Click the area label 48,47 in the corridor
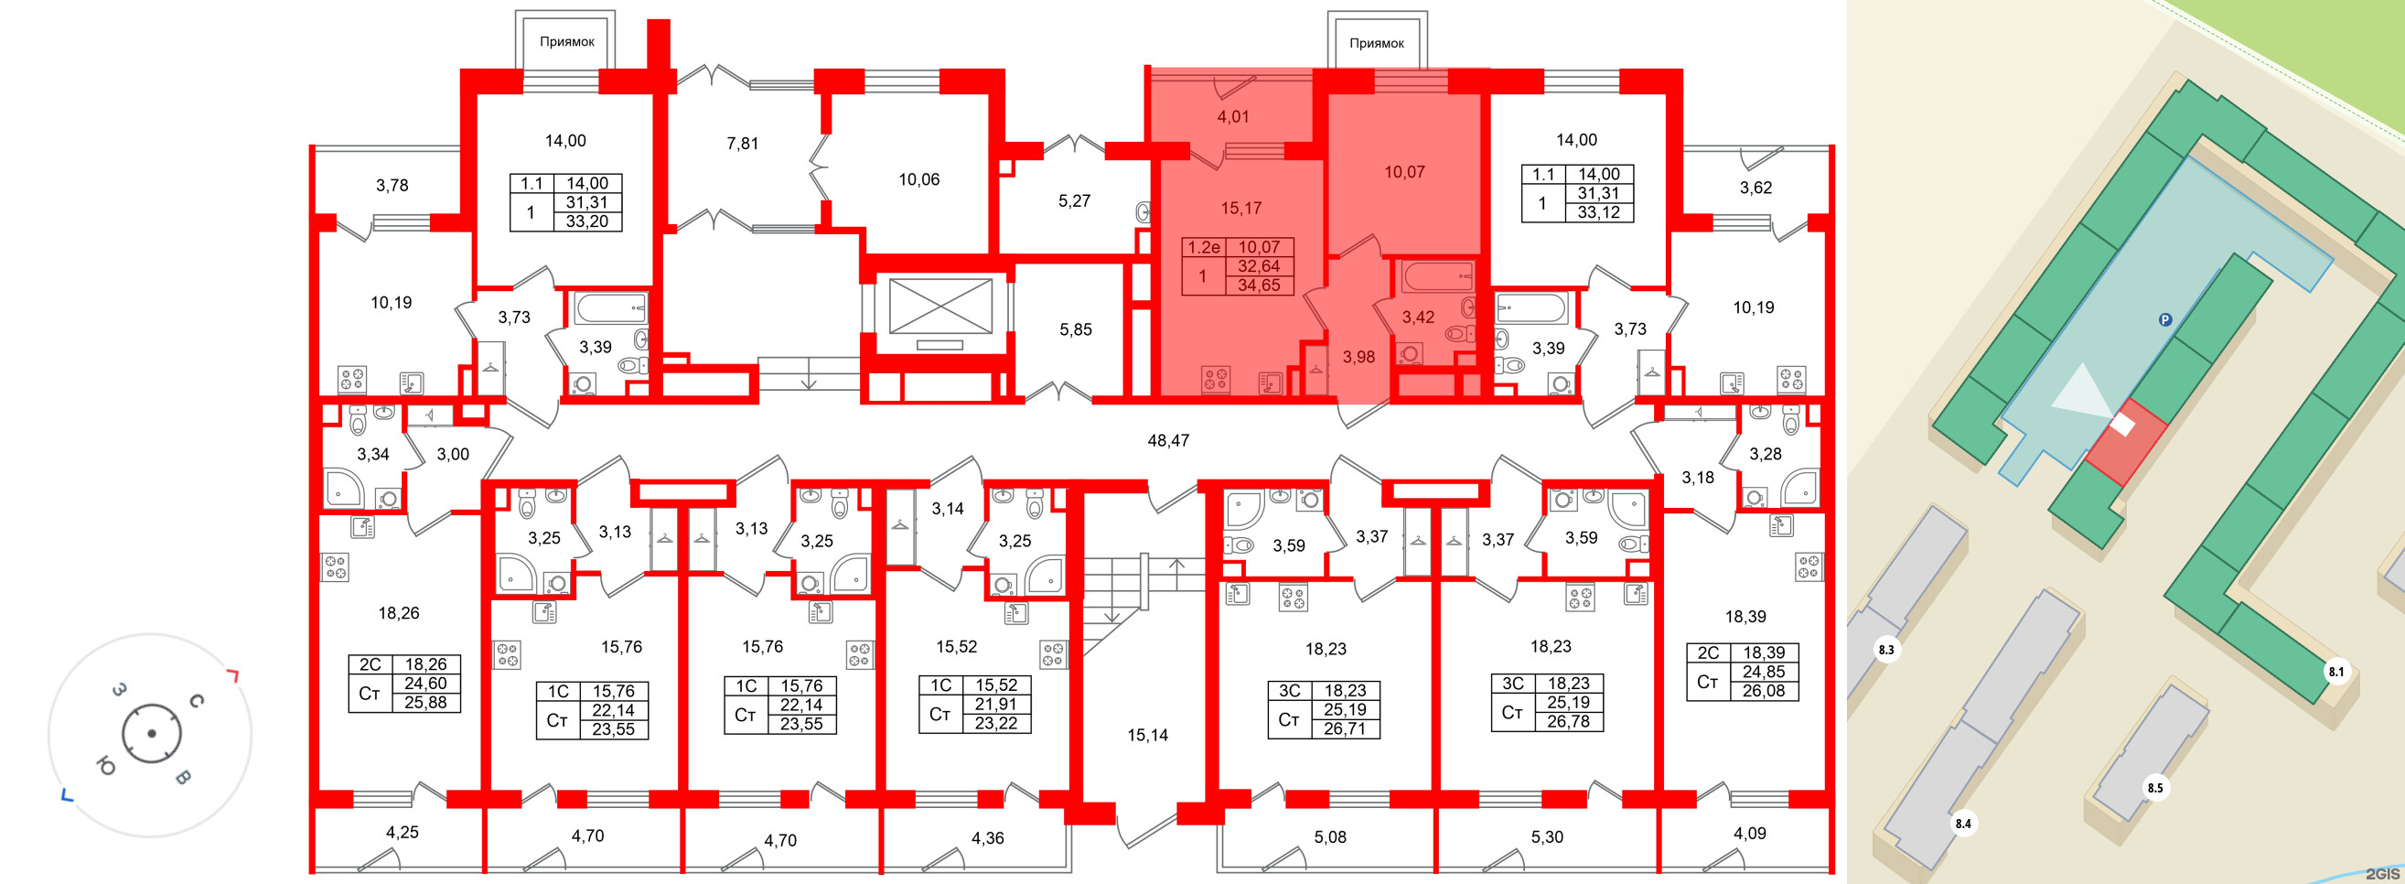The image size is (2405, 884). click(x=1168, y=439)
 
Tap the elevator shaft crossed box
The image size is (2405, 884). click(x=940, y=307)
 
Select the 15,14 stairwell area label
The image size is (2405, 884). click(x=1147, y=735)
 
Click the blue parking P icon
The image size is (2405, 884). click(x=2165, y=320)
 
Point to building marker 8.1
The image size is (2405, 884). click(x=2335, y=671)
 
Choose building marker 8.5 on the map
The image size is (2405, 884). click(x=2154, y=788)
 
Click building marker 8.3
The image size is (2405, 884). click(x=1886, y=650)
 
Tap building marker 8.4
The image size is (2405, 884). click(x=1963, y=824)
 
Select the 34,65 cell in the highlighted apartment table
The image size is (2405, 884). click(x=1259, y=286)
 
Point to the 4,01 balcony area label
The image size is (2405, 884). click(x=1232, y=117)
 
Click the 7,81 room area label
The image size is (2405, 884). click(x=742, y=144)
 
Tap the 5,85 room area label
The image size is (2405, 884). click(x=1076, y=329)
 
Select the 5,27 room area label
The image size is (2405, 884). click(x=1074, y=200)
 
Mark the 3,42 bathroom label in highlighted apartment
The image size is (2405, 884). click(x=1418, y=318)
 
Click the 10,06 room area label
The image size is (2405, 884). click(x=918, y=179)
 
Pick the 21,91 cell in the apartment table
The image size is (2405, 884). click(x=996, y=704)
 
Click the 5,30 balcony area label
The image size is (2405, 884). click(x=1547, y=836)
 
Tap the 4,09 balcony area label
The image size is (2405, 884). click(x=1750, y=833)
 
